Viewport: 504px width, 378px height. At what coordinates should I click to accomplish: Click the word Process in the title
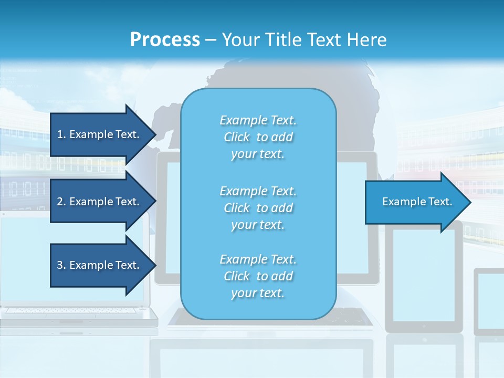[165, 40]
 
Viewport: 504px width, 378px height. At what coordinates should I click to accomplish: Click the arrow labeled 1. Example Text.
[100, 134]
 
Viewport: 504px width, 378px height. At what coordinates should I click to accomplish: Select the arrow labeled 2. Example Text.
[100, 202]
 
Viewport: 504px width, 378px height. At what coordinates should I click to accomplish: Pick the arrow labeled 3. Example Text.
[100, 265]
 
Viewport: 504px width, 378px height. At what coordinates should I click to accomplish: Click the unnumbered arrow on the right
[415, 202]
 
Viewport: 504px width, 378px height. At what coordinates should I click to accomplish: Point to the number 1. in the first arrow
[61, 134]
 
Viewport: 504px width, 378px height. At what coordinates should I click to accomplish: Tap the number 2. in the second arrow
[61, 202]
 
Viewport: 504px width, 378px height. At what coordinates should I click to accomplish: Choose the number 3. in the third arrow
[61, 265]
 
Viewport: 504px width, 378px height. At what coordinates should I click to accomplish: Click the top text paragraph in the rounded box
[258, 137]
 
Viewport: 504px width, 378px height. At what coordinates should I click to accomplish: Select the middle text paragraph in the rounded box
[258, 208]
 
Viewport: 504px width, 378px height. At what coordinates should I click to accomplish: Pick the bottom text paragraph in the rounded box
[258, 276]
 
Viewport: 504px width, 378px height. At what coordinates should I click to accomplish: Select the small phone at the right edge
[489, 302]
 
